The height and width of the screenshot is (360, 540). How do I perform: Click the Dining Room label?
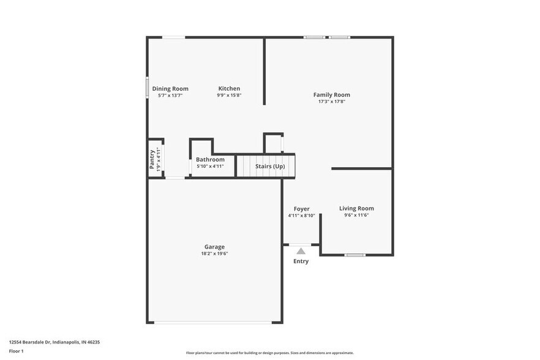pyautogui.click(x=170, y=89)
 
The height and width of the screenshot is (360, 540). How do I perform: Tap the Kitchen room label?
pyautogui.click(x=229, y=89)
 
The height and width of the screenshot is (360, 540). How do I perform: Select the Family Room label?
pyautogui.click(x=331, y=95)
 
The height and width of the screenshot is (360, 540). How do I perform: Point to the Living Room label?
pyautogui.click(x=356, y=209)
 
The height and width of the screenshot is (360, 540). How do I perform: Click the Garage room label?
pyautogui.click(x=214, y=247)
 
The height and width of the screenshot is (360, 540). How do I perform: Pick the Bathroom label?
pyautogui.click(x=210, y=160)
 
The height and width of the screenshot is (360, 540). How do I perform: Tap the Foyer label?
pyautogui.click(x=301, y=209)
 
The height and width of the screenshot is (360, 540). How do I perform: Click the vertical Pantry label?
pyautogui.click(x=152, y=159)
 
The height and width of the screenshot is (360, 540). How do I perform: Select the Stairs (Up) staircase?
pyautogui.click(x=266, y=166)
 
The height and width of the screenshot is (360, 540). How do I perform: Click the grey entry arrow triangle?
pyautogui.click(x=301, y=250)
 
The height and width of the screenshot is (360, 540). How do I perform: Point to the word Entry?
pyautogui.click(x=301, y=261)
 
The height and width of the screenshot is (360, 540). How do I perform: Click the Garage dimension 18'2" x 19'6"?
pyautogui.click(x=214, y=253)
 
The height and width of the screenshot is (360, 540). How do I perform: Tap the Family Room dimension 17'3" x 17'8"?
pyautogui.click(x=331, y=102)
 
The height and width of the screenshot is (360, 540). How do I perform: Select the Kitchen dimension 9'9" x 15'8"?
pyautogui.click(x=229, y=96)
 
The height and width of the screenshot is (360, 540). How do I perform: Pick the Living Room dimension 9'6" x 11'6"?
pyautogui.click(x=356, y=216)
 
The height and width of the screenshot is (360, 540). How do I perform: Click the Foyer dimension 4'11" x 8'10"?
pyautogui.click(x=301, y=216)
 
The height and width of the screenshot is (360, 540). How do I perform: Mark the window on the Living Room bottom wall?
pyautogui.click(x=355, y=255)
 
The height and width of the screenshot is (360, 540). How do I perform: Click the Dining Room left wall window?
pyautogui.click(x=147, y=87)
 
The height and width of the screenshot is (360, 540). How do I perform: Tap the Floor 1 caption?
pyautogui.click(x=16, y=351)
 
